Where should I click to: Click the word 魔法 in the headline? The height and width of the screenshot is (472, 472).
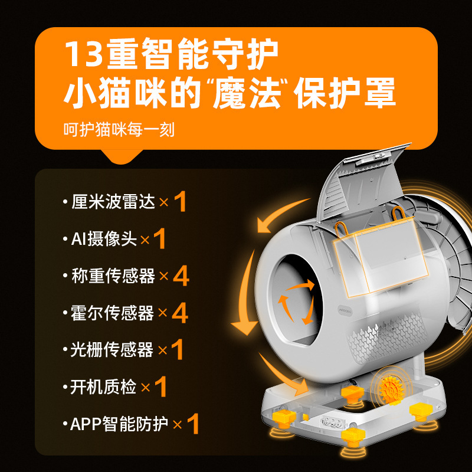[x=247, y=93]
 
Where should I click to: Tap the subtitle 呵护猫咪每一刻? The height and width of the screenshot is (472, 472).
[x=119, y=130]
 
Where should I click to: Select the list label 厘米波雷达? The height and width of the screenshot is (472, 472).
[x=113, y=202]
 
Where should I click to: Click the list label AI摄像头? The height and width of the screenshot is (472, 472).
[x=104, y=240]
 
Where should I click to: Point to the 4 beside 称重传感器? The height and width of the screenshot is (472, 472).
[x=181, y=276]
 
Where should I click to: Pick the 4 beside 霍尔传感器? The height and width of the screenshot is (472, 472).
[x=180, y=313]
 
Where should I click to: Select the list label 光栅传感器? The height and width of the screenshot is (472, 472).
[x=112, y=350]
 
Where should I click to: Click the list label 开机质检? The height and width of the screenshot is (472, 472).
[x=103, y=387]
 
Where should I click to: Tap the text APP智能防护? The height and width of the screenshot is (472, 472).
[x=119, y=424]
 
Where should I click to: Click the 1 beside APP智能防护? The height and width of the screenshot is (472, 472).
[x=194, y=424]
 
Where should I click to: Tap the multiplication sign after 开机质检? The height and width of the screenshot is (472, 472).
[x=145, y=388]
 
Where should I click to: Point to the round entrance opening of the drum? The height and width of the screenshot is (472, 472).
[x=294, y=300]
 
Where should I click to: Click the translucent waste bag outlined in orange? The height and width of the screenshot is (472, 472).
[x=380, y=256]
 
